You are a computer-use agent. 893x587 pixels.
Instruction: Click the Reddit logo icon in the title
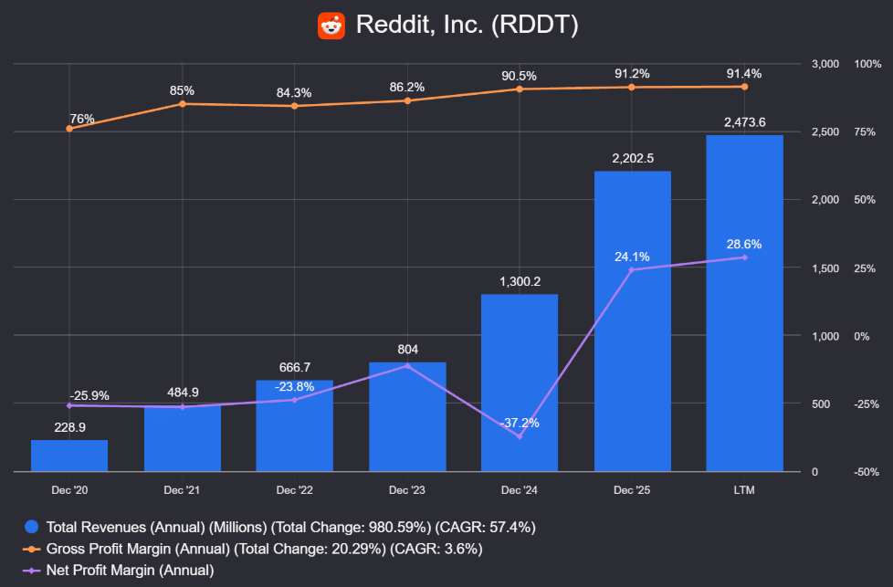[331, 26]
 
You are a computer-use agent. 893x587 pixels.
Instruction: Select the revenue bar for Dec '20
[69, 456]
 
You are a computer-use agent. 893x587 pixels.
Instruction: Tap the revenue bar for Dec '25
[632, 321]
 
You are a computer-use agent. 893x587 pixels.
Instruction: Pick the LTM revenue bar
[744, 303]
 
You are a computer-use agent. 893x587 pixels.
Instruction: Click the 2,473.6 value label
[744, 122]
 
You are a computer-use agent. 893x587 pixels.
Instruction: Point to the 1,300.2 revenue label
[520, 281]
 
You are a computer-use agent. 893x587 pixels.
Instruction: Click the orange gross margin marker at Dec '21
[183, 104]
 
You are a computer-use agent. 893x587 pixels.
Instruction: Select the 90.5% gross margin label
[519, 76]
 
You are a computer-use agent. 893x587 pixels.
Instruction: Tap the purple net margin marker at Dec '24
[520, 436]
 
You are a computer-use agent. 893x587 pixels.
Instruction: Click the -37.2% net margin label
[520, 423]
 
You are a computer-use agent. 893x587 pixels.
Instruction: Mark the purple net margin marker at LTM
[744, 257]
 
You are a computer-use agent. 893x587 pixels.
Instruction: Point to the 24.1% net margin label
[632, 257]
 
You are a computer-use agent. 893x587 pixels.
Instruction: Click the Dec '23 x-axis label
[406, 490]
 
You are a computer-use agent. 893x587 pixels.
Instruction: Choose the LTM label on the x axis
[744, 490]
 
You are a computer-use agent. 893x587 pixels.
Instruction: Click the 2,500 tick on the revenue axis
[825, 132]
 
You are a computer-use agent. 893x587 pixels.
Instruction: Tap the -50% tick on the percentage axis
[867, 472]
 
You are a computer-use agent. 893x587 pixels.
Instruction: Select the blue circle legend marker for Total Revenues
[32, 527]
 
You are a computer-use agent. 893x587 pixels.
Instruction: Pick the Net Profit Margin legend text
[130, 570]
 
